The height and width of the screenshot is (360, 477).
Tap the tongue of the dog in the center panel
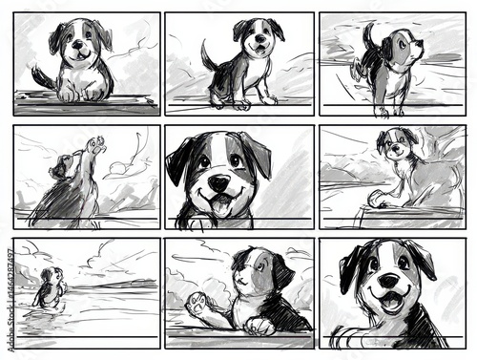coord(220,202)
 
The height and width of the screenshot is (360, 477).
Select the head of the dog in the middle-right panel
coord(395,144)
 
